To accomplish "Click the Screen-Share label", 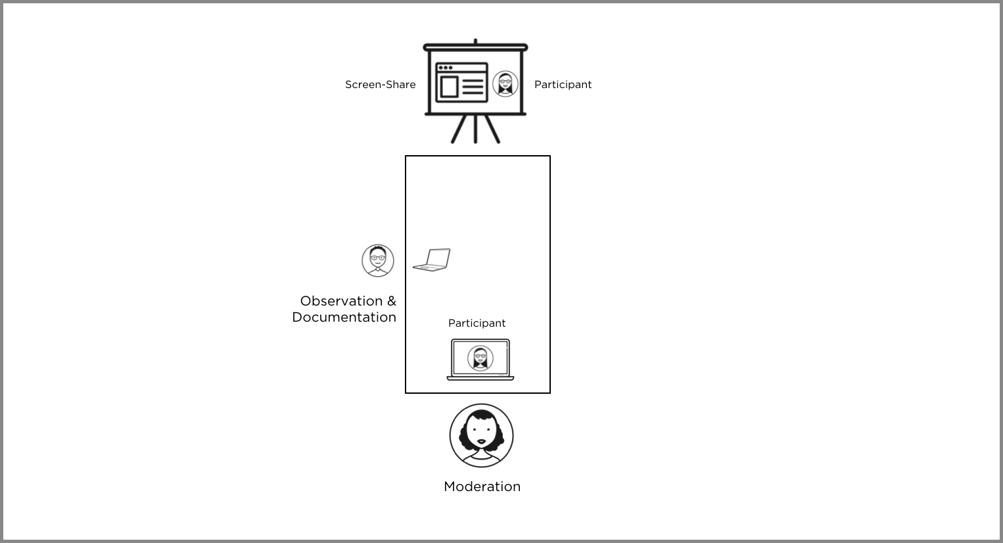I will tap(380, 85).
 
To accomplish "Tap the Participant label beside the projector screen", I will tap(563, 85).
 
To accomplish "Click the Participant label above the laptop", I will tap(477, 323).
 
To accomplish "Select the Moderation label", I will tap(482, 486).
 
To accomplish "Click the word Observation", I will tap(341, 301).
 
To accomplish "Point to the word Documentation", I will tap(344, 318).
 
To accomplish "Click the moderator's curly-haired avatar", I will tap(481, 435).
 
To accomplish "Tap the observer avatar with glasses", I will tap(378, 260).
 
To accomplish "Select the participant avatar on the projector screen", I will tap(505, 84).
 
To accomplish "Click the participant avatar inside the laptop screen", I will tap(480, 358).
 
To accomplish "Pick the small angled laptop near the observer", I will tap(432, 260).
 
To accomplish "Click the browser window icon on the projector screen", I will tap(461, 83).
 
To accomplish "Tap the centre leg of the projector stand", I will tap(475, 129).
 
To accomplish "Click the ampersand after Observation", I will tap(392, 301).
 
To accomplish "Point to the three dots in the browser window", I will tap(445, 68).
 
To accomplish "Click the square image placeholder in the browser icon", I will tap(448, 87).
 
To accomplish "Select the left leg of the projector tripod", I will tap(459, 130).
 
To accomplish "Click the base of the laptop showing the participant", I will tap(480, 378).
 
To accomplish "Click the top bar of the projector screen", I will tap(475, 47).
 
